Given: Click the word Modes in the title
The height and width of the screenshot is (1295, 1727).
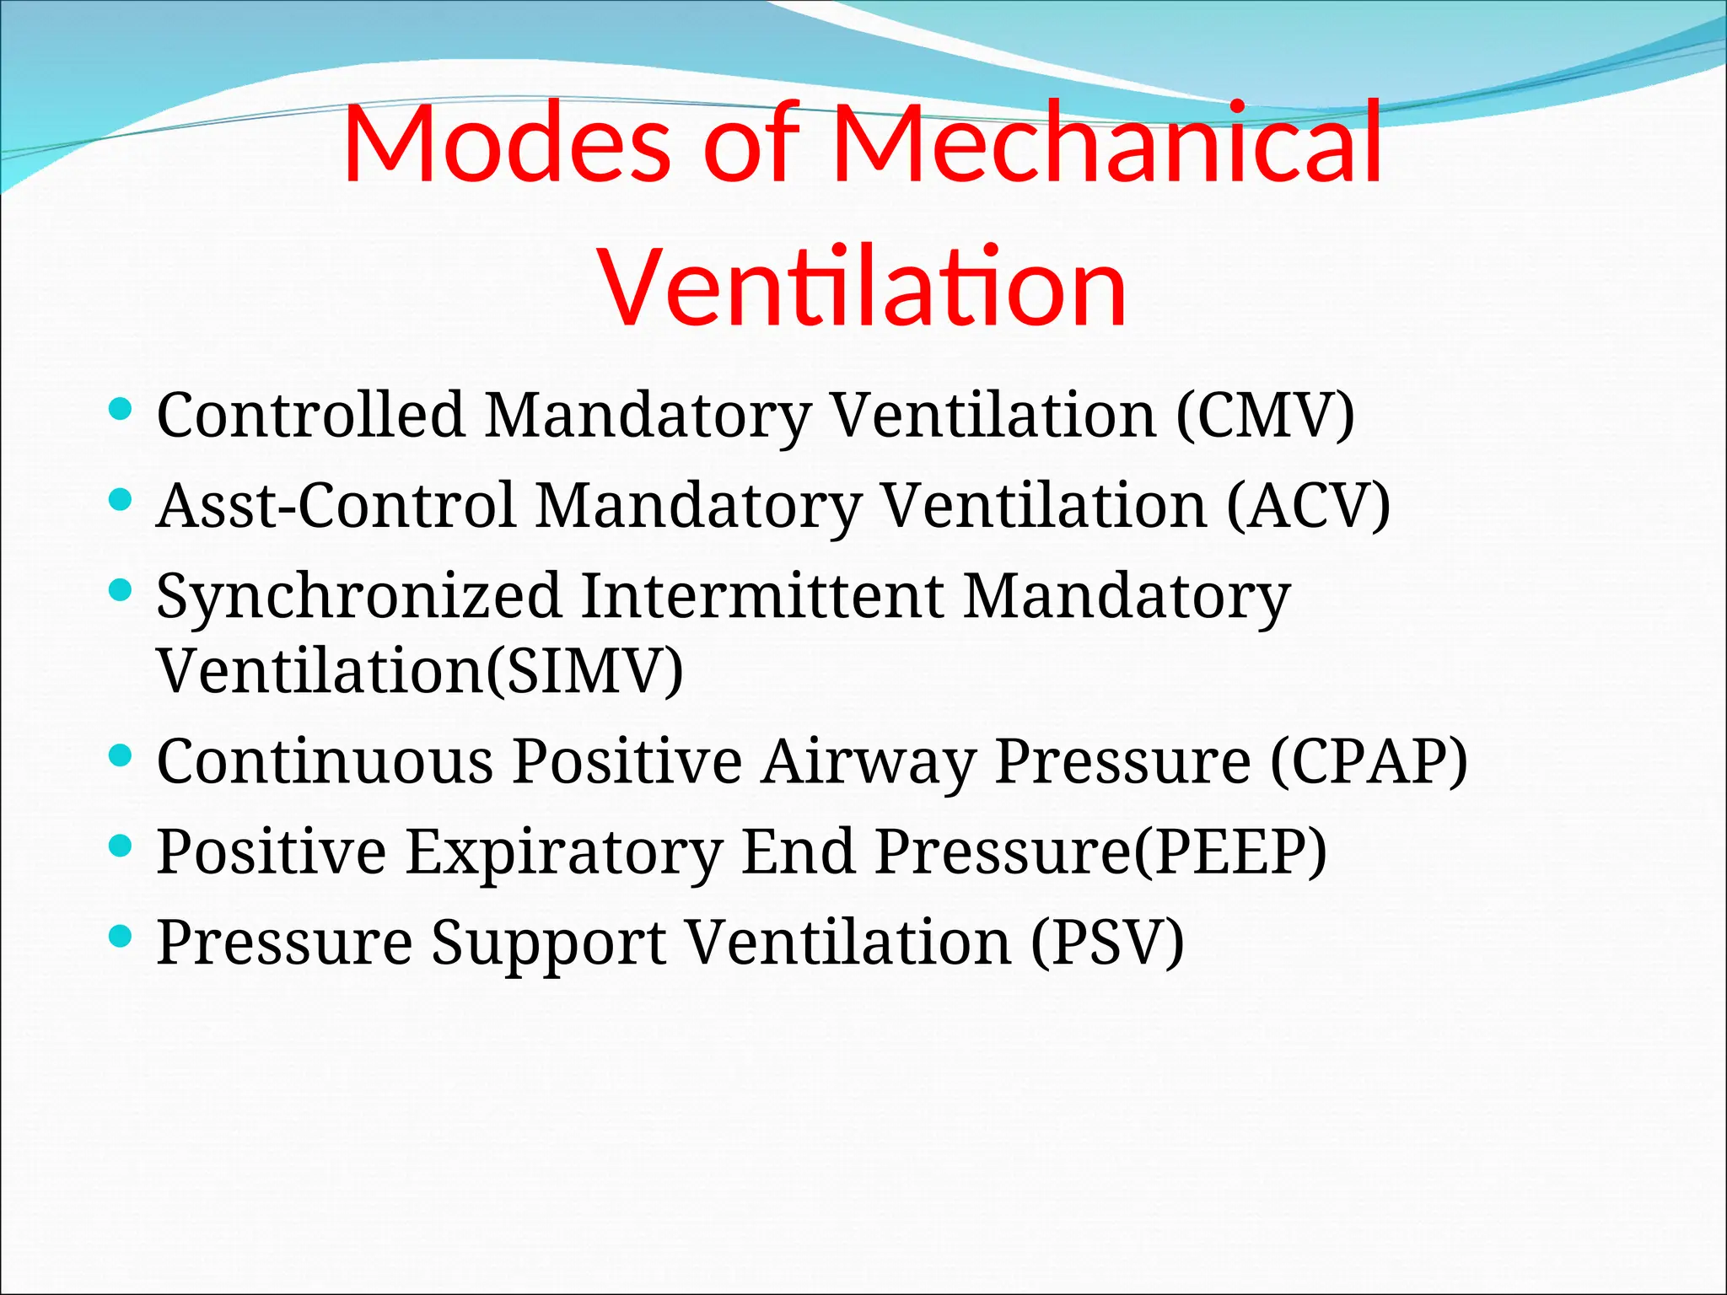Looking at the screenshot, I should pos(506,143).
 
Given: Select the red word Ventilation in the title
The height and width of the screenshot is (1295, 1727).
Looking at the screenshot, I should pos(862,287).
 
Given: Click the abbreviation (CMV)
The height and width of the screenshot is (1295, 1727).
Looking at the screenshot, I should pos(1265,415).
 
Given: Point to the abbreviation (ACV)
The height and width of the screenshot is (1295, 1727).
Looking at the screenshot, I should pos(1308,506).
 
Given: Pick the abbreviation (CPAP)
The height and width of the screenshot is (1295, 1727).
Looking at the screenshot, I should pos(1369,761).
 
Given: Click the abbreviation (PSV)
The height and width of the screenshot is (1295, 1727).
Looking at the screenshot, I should pos(1106,942).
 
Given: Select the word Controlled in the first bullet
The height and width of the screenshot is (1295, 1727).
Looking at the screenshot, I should pos(310,415).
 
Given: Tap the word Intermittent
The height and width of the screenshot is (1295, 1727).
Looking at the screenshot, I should pos(762,595).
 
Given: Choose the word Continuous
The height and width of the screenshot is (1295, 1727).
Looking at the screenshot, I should pos(325,761).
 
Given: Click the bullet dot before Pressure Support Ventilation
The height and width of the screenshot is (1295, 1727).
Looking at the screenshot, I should pos(121,934).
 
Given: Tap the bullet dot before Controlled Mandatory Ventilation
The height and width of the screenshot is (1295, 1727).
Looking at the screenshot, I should pos(121,409).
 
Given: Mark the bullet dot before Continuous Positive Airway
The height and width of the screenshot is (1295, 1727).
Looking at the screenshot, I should pos(121,754).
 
